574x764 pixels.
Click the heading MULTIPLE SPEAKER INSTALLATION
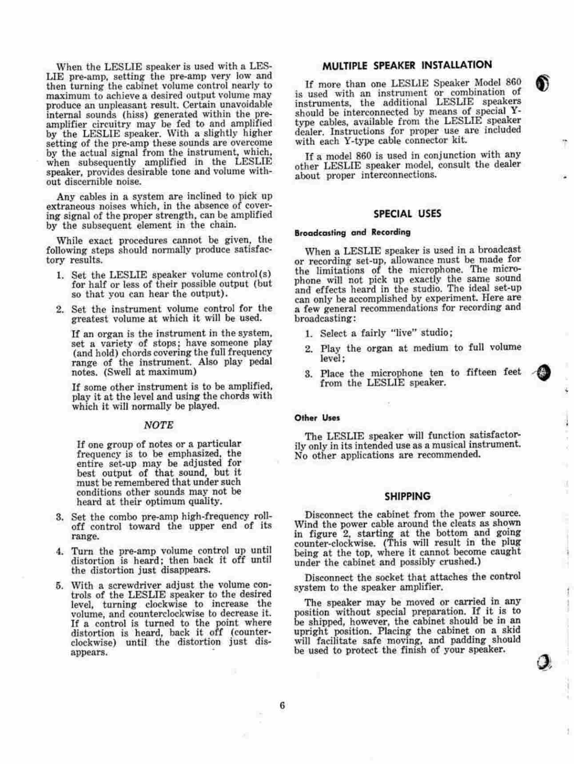[x=407, y=65]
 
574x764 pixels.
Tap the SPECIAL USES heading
[x=407, y=214]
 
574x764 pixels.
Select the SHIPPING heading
[x=407, y=496]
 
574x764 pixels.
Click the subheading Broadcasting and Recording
[x=352, y=232]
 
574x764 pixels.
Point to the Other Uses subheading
[x=317, y=418]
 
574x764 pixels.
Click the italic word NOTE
[x=159, y=425]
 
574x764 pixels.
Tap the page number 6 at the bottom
[x=282, y=706]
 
